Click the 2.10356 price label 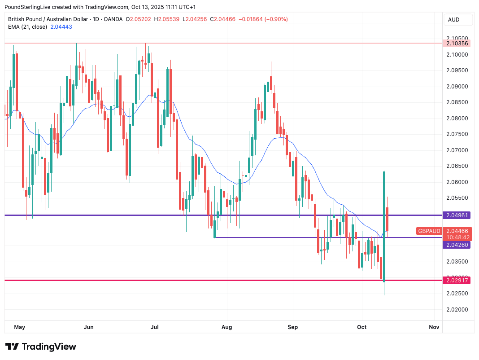click(x=457, y=44)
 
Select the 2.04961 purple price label click(x=457, y=215)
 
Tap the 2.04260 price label click(x=457, y=245)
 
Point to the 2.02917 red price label click(x=457, y=281)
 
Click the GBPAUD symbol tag click(x=428, y=231)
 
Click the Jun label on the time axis click(x=89, y=327)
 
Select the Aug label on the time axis click(x=227, y=327)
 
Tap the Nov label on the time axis click(x=434, y=327)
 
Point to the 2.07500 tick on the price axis click(x=457, y=134)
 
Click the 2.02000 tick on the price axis click(x=457, y=310)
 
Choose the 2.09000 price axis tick click(x=457, y=87)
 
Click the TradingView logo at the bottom click(x=41, y=347)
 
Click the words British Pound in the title click(x=28, y=19)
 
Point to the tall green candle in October click(x=384, y=224)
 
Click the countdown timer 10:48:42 click(x=457, y=237)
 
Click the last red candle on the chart click(x=388, y=219)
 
